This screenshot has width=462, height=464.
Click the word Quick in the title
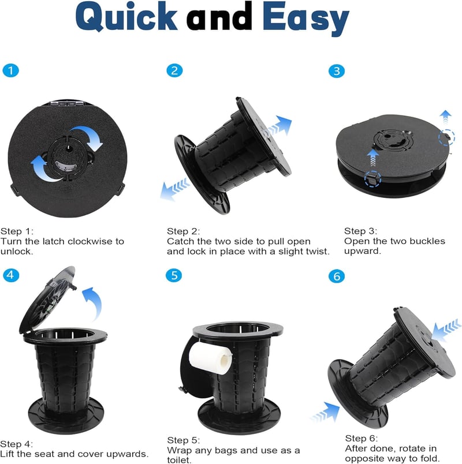click(126, 17)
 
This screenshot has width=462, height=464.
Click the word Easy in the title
click(306, 19)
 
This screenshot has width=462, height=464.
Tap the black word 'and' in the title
click(219, 17)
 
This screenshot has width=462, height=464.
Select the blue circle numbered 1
click(10, 71)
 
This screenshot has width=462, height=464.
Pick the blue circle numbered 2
click(174, 70)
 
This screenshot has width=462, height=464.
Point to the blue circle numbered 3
click(337, 71)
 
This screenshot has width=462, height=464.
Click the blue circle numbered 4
click(11, 275)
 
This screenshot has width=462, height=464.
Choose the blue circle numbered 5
click(174, 275)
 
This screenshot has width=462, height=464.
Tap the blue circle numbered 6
click(337, 276)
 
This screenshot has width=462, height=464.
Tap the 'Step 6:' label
click(362, 438)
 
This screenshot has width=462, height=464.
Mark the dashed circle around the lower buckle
click(372, 179)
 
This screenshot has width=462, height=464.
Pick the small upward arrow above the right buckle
click(445, 117)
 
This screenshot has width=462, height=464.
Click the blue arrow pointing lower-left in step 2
click(175, 189)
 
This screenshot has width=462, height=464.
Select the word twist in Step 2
click(317, 252)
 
